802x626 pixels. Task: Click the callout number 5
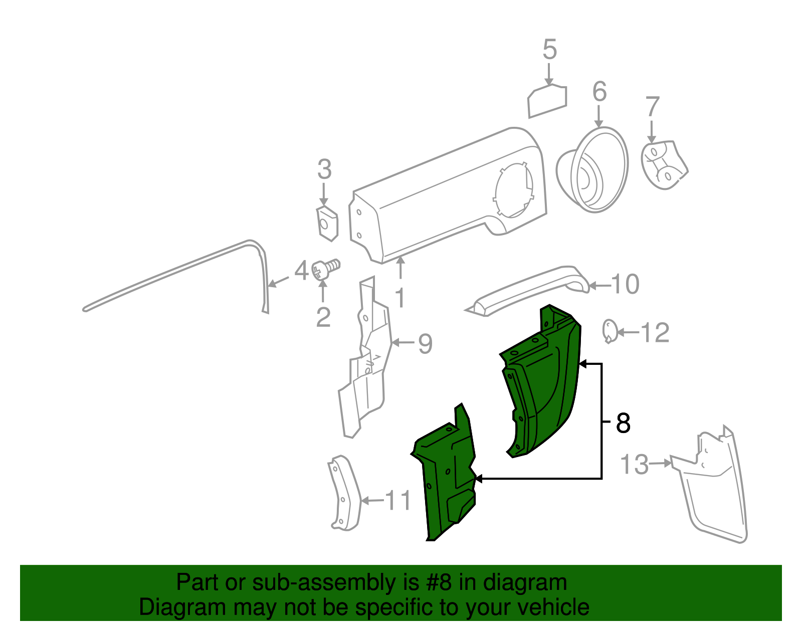[549, 49]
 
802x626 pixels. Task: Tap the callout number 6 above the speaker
[599, 91]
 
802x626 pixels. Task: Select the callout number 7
[652, 106]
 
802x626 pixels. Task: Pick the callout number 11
[398, 500]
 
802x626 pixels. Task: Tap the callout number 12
[655, 332]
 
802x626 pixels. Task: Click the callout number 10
[625, 284]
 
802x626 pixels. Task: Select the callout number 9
[425, 343]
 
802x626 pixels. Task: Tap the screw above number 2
[325, 269]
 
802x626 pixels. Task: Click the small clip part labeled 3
[327, 224]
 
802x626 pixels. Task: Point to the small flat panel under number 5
[547, 101]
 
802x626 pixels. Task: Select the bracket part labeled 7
[664, 165]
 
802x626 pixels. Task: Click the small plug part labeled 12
[610, 331]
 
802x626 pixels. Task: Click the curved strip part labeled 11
[344, 493]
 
